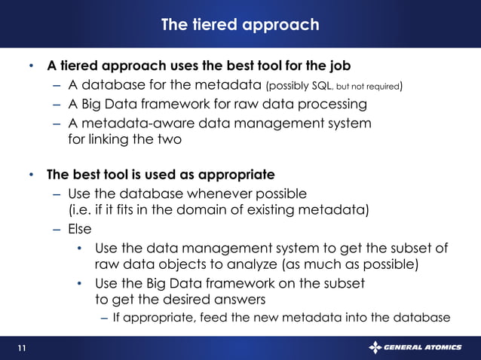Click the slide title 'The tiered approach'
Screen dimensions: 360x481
pos(240,25)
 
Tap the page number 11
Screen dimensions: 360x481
pos(21,347)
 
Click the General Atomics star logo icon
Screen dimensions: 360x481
pos(375,347)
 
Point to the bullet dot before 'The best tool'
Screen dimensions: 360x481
pos(32,175)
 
